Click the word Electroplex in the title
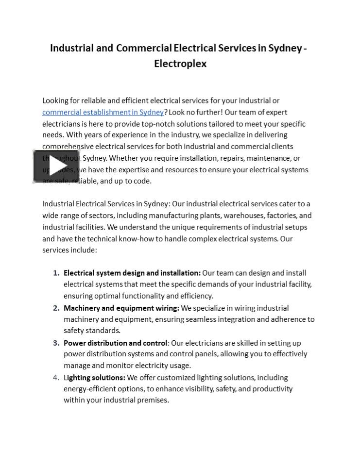pos(180,64)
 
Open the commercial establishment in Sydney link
pos(103,112)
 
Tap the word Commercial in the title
pos(143,48)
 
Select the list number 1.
pos(56,273)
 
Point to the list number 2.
pos(56,308)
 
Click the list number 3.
pos(56,343)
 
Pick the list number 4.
pos(56,378)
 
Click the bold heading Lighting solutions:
pos(94,378)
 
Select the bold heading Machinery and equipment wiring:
pos(121,308)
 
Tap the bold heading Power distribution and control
pos(116,343)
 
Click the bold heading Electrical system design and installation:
pos(132,273)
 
